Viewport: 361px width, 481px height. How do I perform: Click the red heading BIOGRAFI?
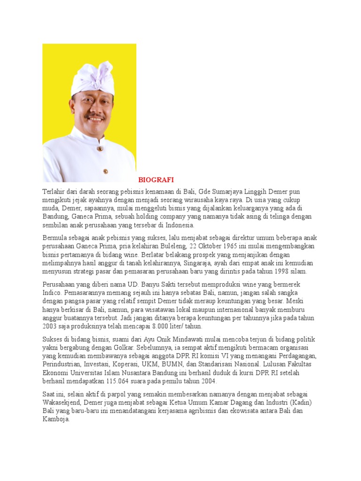156,180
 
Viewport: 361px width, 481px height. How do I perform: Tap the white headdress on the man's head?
92,78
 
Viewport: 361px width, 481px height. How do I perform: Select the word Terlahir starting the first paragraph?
55,192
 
